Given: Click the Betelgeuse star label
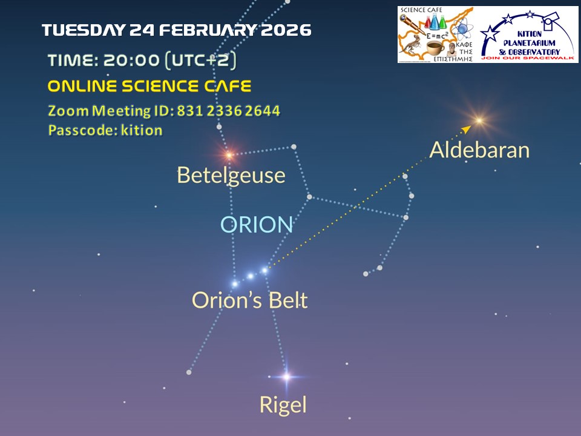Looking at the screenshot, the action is pos(231,176).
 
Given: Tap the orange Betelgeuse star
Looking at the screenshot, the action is pos(229,154).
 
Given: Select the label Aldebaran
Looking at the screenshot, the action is pos(479,150).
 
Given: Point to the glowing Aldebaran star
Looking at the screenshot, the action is pos(479,120).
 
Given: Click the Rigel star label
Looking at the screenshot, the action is pos(283,405).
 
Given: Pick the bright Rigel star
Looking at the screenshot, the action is pos(286,377).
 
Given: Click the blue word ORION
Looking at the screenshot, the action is pos(257,224).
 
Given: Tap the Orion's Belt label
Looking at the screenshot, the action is pos(250,300).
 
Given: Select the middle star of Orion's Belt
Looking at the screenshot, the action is pos(251,276).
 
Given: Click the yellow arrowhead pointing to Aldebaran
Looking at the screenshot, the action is pos(467,129).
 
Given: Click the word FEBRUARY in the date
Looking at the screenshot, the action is pos(208,30).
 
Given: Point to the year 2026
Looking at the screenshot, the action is pos(286,30).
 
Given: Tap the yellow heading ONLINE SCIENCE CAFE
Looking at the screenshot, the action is pos(149,87).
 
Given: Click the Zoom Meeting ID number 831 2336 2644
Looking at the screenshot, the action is pos(228,111).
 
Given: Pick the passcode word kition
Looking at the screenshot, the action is pos(142,131).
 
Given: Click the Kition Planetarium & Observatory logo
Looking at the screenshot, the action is pos(527,35).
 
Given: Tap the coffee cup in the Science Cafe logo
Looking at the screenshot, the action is pos(435,48).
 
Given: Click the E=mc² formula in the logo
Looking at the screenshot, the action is pos(437,36).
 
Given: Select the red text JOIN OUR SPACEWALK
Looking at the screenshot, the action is pos(527,58).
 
